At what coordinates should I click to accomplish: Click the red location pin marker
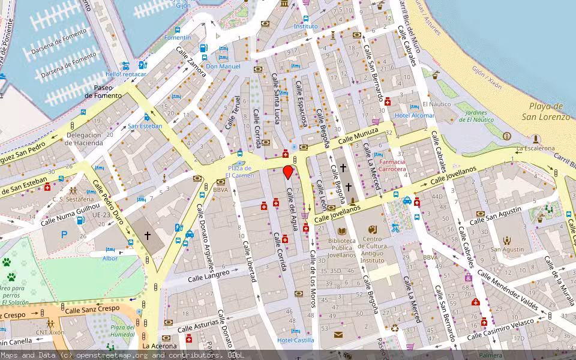(x=288, y=172)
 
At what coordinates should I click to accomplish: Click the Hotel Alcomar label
(x=414, y=115)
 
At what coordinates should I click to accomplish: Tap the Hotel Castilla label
(x=296, y=340)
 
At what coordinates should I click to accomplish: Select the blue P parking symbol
(x=64, y=235)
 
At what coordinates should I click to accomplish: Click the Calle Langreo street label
(x=209, y=275)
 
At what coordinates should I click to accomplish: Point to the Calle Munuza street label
(x=358, y=136)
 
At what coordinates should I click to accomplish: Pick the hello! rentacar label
(x=126, y=74)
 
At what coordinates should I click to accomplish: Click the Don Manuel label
(x=223, y=66)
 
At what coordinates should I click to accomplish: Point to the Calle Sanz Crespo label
(x=92, y=310)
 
